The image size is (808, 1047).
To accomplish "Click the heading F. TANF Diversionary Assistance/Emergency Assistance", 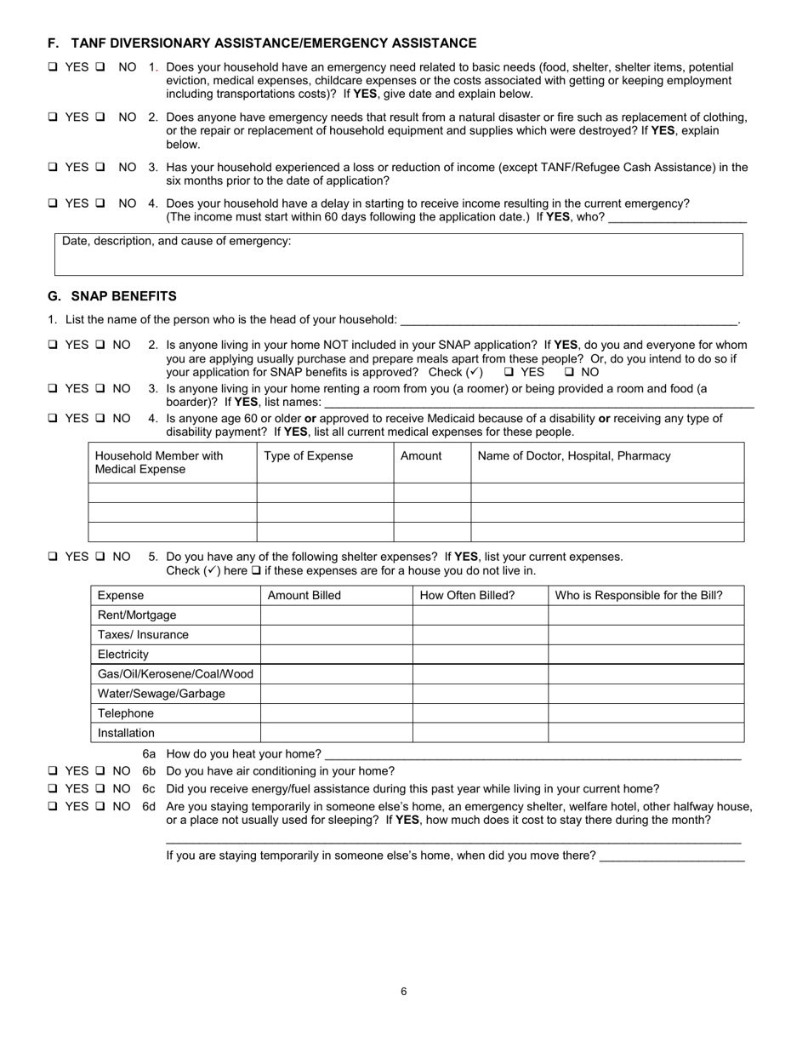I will tap(262, 43).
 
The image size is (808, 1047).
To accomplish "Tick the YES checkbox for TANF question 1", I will tap(53, 67).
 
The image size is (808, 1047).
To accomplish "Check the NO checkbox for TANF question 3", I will tap(100, 168).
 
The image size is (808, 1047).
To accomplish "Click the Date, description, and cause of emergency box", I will tap(398, 255).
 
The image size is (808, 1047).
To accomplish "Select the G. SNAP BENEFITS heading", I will tap(112, 296).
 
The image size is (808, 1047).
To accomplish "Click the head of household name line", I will tap(567, 320).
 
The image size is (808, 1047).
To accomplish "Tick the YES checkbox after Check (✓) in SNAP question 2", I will tap(509, 373).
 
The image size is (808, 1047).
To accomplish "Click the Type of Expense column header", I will tap(308, 456).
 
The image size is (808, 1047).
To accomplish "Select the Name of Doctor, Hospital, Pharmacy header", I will tap(574, 456).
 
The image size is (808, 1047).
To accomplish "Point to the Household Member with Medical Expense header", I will tap(159, 462).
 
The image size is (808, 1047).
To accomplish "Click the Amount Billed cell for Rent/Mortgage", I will tap(336, 615).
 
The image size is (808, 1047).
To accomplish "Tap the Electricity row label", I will tap(123, 655).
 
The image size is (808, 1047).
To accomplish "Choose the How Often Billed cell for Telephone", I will tap(480, 713).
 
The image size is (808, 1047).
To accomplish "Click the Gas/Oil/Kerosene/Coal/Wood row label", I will tap(175, 674).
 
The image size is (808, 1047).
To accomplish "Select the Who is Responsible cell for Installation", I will tap(646, 733).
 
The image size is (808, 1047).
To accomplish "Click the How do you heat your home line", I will tap(532, 754).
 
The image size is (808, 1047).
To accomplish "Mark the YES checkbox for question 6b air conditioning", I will tap(53, 771).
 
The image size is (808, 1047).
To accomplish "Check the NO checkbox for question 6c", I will tap(100, 789).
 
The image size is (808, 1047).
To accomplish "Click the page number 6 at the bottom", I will tap(403, 991).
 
